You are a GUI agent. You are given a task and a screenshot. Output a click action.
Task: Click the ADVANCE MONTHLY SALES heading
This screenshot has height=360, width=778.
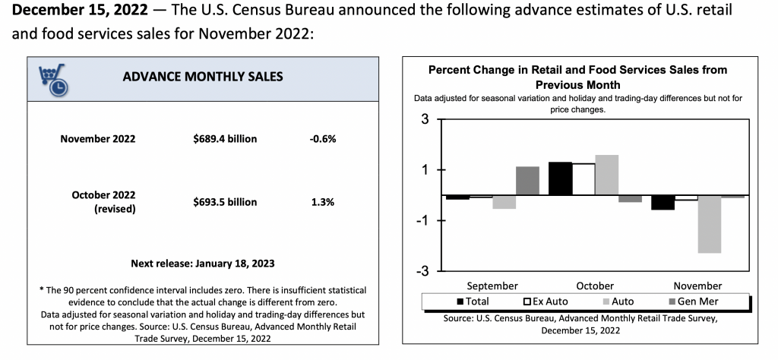click(x=203, y=76)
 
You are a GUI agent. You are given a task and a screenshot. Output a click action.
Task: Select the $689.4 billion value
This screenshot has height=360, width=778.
click(x=225, y=139)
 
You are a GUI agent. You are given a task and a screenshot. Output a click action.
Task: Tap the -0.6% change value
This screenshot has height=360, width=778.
click(x=323, y=139)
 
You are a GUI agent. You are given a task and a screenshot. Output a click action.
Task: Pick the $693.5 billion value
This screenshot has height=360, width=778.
click(x=225, y=202)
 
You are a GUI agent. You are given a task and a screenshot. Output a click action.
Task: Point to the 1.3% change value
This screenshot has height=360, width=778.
click(x=322, y=202)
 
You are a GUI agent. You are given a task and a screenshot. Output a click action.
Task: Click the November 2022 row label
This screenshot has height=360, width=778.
click(x=98, y=139)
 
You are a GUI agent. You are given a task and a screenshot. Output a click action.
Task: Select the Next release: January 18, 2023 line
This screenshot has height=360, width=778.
click(x=203, y=264)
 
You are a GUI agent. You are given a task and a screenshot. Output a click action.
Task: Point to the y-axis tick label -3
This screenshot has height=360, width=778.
click(x=422, y=270)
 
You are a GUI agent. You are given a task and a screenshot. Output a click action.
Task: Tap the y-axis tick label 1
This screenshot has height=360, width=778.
click(x=425, y=170)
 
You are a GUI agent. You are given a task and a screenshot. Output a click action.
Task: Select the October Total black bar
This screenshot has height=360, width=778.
click(x=560, y=178)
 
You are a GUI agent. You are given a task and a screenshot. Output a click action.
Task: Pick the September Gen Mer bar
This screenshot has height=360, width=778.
click(x=527, y=181)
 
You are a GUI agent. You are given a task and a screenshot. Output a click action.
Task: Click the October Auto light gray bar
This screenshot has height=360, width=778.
click(x=606, y=175)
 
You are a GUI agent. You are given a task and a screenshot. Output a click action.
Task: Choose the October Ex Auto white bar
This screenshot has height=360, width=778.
click(x=583, y=179)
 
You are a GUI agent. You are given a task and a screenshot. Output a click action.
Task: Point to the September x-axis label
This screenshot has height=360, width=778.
click(x=492, y=286)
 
